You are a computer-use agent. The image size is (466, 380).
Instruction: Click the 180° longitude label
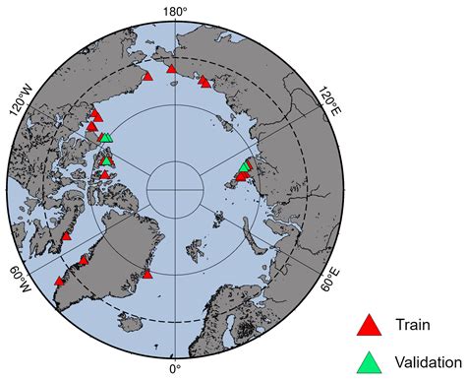coord(175,12)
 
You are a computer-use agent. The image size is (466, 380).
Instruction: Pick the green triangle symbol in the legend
coord(369,361)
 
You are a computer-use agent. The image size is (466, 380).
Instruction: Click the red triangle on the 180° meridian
coord(172,68)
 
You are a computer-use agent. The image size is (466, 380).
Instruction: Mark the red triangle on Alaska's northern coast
coord(147,75)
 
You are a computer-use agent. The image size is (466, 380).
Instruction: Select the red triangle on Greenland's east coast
coord(147,273)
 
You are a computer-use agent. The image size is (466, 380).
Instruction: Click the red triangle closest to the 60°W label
coord(59,281)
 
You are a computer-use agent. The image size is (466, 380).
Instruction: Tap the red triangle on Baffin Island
coord(67,235)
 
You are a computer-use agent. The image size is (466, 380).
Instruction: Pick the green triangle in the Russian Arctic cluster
coord(245,166)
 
